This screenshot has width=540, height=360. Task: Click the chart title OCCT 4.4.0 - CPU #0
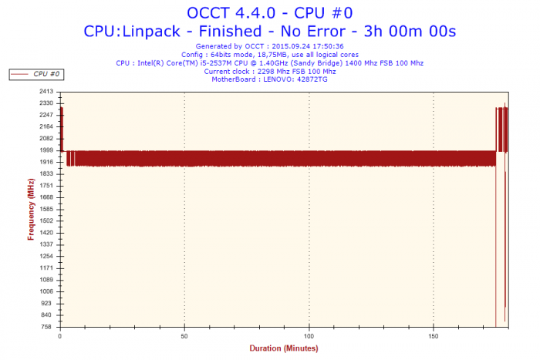click(x=269, y=12)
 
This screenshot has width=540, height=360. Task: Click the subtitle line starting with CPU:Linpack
click(x=269, y=31)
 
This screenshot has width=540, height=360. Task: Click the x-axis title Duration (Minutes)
click(x=284, y=348)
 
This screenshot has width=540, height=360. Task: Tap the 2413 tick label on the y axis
click(x=46, y=91)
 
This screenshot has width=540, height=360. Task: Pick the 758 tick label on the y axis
click(x=47, y=327)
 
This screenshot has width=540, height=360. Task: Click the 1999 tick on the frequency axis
click(x=46, y=150)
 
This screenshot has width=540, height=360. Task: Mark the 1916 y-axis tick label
click(x=46, y=162)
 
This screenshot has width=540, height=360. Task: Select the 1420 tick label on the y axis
click(x=46, y=233)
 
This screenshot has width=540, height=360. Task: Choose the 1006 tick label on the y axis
click(x=46, y=291)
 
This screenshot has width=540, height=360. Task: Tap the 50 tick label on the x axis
click(x=184, y=336)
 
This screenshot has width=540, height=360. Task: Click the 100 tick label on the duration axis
click(x=309, y=336)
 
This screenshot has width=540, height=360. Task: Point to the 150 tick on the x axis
click(x=434, y=336)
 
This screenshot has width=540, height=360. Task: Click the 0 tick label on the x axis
click(x=60, y=336)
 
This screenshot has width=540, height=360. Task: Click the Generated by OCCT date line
click(x=269, y=46)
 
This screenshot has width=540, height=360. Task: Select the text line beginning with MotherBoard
click(x=269, y=79)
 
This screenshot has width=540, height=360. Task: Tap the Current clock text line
click(x=269, y=71)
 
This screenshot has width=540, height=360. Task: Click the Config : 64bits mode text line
click(x=269, y=55)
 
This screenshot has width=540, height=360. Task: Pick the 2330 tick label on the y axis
click(x=46, y=103)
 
